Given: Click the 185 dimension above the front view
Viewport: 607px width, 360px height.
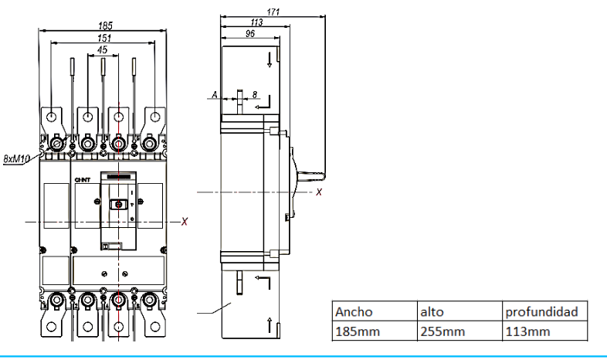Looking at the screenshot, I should [103, 25].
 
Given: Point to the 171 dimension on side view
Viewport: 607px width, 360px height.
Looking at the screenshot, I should [272, 13].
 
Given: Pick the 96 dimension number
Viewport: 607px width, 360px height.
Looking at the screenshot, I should [251, 34].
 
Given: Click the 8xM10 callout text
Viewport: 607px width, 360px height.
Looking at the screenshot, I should [16, 158].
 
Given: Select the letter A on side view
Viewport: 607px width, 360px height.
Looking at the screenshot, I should [214, 95].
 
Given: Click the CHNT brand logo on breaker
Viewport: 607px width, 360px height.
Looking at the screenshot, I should [83, 181].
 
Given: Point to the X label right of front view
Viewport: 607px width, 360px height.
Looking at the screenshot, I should [185, 222].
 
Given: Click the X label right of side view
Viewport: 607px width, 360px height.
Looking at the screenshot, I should [319, 192].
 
